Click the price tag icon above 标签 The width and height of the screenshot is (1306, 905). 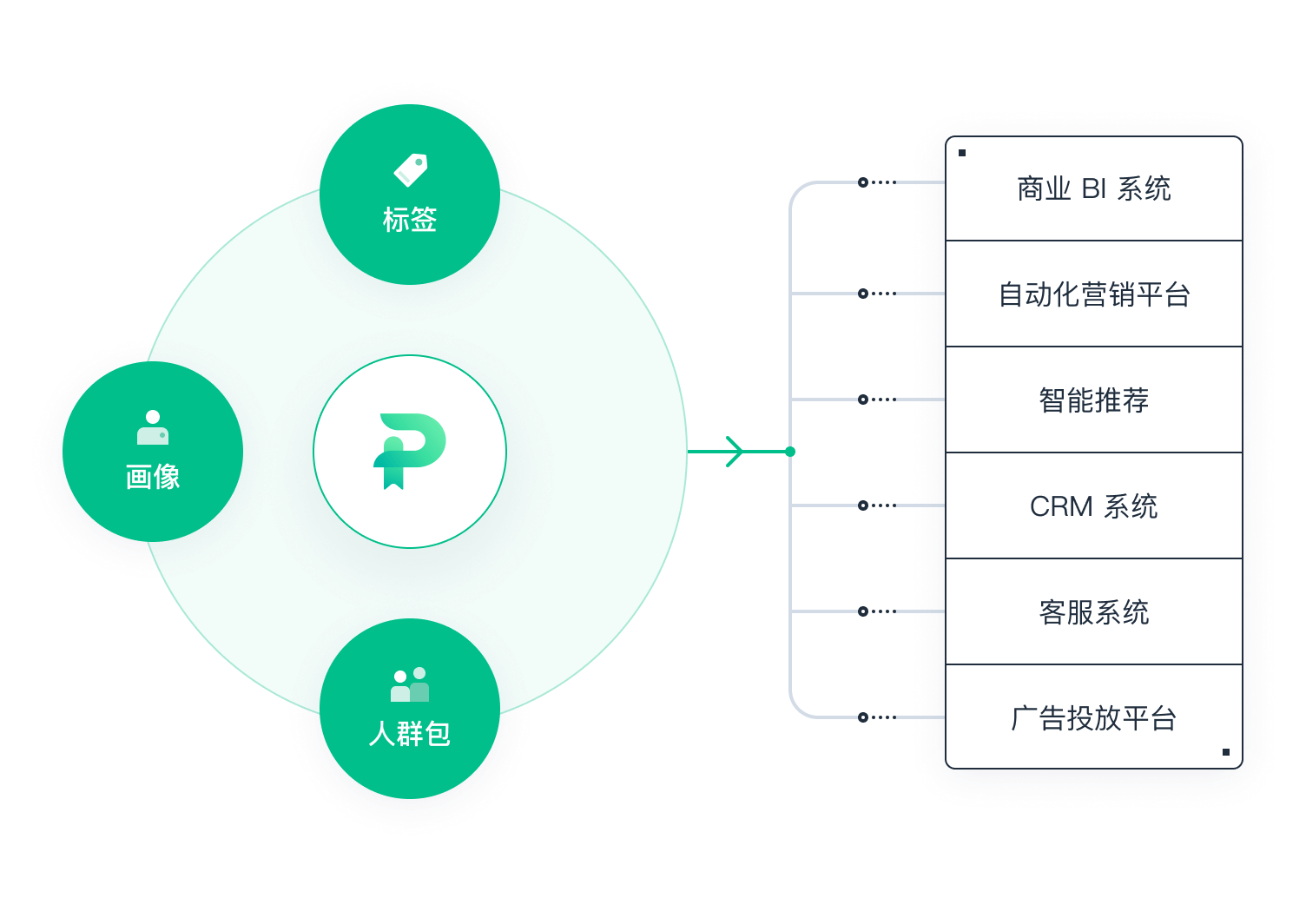coord(411,170)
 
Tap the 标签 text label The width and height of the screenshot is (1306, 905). coord(410,220)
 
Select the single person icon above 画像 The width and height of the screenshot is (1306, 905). coord(153,427)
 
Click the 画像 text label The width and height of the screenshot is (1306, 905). coord(153,477)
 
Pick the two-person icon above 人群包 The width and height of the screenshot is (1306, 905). coord(410,684)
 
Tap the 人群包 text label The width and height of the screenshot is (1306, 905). coord(410,734)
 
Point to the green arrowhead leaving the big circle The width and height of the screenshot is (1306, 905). coord(735,452)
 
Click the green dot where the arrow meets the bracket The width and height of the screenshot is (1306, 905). coord(790,452)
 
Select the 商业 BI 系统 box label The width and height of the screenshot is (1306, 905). coord(1094,188)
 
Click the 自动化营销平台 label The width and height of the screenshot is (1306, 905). coord(1094,294)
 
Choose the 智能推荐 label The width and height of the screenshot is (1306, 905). coord(1094,400)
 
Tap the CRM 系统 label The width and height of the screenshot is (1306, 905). coord(1094,506)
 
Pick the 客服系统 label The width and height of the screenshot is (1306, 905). coord(1094,611)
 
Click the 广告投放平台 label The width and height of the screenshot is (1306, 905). coord(1094,717)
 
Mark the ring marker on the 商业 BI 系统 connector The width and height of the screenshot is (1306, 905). coord(863,182)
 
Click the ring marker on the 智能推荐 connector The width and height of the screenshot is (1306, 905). coord(863,400)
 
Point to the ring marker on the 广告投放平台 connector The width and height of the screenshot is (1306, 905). coord(863,717)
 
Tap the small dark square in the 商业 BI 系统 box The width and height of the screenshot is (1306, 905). coord(962,153)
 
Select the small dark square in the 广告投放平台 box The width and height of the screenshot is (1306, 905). coord(1225,752)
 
